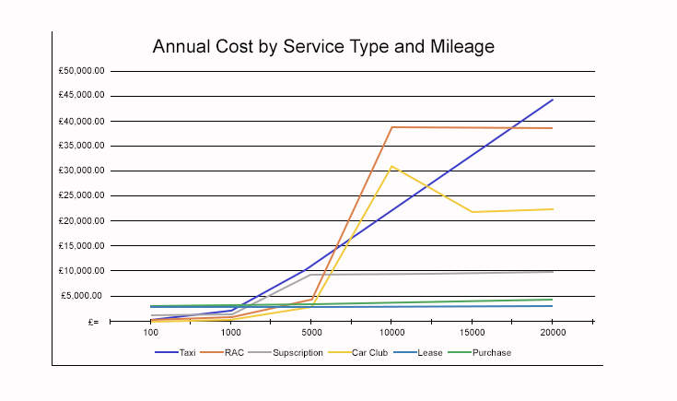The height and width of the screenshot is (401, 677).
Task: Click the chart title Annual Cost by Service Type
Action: click(x=323, y=46)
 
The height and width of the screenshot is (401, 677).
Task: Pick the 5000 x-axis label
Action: click(x=311, y=333)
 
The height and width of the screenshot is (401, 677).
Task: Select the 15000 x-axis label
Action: click(x=472, y=333)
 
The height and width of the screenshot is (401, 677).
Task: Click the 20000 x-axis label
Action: click(x=553, y=333)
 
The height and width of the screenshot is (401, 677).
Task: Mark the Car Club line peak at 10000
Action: click(x=391, y=167)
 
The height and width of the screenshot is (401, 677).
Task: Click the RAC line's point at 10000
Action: click(x=391, y=127)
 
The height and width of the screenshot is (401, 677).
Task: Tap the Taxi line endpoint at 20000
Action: click(x=553, y=100)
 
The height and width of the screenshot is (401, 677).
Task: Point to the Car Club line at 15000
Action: click(x=472, y=212)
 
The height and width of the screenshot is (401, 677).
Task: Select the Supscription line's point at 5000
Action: click(x=311, y=274)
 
